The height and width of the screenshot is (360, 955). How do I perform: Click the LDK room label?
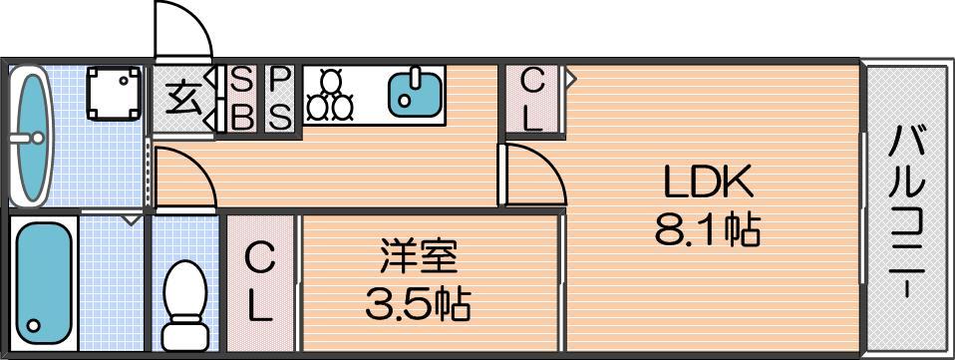(x=708, y=182)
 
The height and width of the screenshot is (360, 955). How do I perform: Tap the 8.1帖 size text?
(x=708, y=231)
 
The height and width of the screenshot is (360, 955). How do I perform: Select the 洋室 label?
(x=419, y=257)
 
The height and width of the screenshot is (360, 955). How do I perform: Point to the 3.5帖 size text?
(x=419, y=304)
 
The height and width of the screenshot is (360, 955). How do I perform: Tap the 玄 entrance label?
(x=184, y=101)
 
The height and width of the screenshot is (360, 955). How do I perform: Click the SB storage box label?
(x=242, y=99)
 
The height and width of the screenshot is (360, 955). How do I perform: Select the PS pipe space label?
(x=279, y=99)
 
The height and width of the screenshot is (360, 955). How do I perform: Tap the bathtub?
(x=43, y=283)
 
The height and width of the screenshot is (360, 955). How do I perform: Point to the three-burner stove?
(x=330, y=95)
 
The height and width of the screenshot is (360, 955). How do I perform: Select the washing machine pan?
(x=114, y=93)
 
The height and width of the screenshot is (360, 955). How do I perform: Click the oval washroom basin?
(x=30, y=137)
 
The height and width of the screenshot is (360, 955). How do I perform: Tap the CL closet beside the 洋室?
(x=260, y=284)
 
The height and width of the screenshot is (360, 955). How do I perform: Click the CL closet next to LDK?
(x=533, y=100)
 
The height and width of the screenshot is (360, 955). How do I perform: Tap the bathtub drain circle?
(x=34, y=325)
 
